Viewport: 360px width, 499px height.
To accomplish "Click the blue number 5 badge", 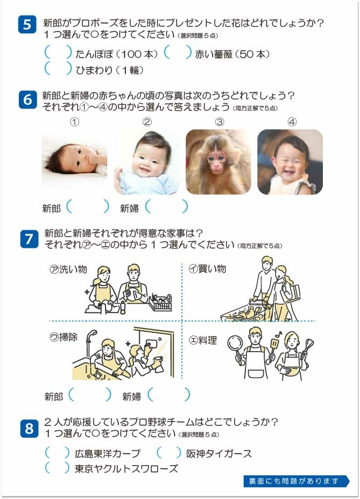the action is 27,25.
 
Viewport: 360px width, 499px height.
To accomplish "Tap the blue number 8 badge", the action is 29,429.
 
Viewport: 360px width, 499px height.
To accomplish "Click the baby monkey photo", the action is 218,162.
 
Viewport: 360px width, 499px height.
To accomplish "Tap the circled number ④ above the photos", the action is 292,122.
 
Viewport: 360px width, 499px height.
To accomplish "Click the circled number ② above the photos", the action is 147,122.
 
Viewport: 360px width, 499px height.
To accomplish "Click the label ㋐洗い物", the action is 68,269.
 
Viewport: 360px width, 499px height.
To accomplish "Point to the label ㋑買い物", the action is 207,269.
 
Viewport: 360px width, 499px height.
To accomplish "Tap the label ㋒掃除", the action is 63,337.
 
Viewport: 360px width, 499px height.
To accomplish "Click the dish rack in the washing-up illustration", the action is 160,303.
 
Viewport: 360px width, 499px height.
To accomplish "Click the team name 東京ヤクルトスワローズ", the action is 126,468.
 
